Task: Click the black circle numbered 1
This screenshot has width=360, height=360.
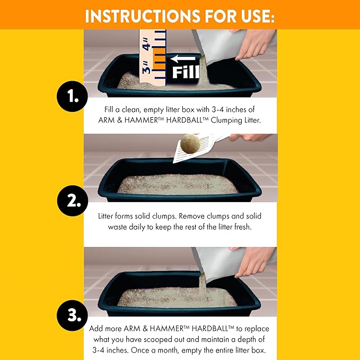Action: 72,96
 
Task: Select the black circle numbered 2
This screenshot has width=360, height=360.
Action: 73,200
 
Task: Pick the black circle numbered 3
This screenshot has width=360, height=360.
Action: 72,315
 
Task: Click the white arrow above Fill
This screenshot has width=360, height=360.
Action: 183,58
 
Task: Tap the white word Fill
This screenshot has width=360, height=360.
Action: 186,72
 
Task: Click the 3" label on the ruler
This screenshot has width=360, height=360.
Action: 146,68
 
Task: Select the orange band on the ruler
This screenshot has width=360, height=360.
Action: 159,58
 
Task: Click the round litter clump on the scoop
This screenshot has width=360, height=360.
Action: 190,144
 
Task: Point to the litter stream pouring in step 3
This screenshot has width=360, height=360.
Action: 203,284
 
